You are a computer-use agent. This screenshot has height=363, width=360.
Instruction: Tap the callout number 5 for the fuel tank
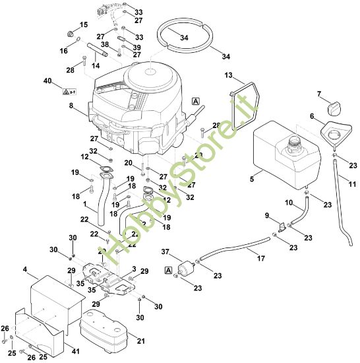[251, 177]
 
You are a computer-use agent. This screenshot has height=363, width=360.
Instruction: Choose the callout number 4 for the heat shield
[24, 269]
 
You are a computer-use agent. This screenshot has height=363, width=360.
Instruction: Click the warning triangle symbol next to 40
[67, 90]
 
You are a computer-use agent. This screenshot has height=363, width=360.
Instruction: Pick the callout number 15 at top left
[83, 24]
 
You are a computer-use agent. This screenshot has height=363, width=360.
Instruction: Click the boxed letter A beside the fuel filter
[170, 270]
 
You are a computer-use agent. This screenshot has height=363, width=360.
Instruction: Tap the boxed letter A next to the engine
[195, 100]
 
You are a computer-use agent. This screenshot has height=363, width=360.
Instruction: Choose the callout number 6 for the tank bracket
[312, 117]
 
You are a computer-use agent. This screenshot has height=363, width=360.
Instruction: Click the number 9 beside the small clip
[266, 215]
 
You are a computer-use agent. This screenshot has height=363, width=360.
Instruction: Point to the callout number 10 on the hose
[288, 202]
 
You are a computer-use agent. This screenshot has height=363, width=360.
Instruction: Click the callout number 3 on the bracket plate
[134, 269]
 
